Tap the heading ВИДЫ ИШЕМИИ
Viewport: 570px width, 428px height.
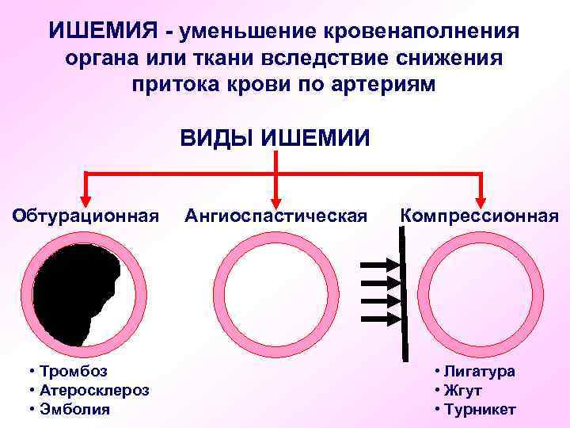[275, 137]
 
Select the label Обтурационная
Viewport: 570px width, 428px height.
[85, 215]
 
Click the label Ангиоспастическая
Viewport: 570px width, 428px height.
[275, 215]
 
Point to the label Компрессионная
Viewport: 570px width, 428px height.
[479, 215]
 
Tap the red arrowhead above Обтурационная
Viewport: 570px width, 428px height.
[85, 197]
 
